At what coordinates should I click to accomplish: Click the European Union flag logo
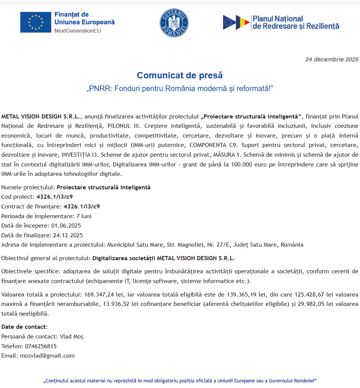pyautogui.click(x=36, y=22)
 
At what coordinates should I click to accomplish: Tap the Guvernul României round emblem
pyautogui.click(x=174, y=23)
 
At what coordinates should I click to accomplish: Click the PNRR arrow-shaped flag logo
pyautogui.click(x=236, y=22)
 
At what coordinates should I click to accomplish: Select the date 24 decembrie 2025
pyautogui.click(x=332, y=59)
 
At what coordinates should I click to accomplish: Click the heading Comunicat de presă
pyautogui.click(x=180, y=75)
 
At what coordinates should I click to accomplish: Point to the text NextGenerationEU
pyautogui.click(x=78, y=31)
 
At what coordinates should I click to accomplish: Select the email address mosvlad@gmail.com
pyautogui.click(x=47, y=355)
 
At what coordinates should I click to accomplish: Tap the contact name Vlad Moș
pyautogui.click(x=72, y=337)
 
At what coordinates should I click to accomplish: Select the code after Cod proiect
pyautogui.click(x=54, y=196)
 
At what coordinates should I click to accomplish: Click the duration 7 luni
pyautogui.click(x=84, y=216)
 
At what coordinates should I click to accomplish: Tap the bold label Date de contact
pyautogui.click(x=24, y=327)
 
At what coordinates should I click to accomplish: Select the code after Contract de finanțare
pyautogui.click(x=81, y=206)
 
